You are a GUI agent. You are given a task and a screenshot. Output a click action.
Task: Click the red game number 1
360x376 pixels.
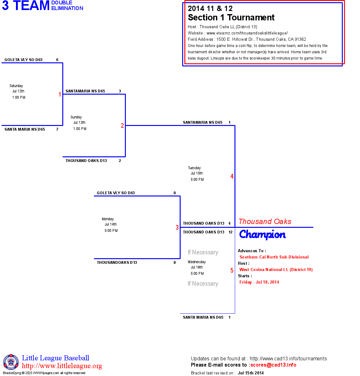click(60, 94)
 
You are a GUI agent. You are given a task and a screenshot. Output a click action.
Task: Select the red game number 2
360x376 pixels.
click(122, 126)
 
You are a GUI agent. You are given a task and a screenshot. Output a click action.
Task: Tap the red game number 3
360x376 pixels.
click(177, 227)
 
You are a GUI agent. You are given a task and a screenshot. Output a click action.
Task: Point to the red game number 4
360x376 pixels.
click(232, 176)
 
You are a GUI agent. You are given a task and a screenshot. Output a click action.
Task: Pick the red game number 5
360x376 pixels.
click(232, 270)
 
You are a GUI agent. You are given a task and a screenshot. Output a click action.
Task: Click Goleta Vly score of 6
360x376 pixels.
click(57, 60)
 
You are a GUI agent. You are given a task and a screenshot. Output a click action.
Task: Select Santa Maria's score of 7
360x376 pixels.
click(57, 129)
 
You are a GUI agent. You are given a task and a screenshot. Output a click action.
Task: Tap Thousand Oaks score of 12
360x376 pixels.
click(230, 232)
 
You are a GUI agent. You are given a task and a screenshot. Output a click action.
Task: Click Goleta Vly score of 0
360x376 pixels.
click(175, 193)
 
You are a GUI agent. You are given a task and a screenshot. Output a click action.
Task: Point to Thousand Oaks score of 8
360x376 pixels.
click(175, 263)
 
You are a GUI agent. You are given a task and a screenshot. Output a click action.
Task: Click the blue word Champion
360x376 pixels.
click(262, 234)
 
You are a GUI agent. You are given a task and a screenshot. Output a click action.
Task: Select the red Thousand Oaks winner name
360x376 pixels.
click(265, 222)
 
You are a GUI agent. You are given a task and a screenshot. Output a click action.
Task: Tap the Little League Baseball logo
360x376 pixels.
click(11, 362)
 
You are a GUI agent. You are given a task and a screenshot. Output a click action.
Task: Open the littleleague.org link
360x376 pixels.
click(62, 366)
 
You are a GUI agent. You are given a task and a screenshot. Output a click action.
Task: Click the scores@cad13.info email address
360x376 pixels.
click(273, 365)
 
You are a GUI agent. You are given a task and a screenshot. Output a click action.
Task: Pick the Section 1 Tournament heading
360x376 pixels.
click(231, 18)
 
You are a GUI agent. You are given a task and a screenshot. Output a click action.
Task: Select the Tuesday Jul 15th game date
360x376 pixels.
click(197, 173)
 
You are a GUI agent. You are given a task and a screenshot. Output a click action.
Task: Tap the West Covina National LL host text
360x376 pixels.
click(276, 269)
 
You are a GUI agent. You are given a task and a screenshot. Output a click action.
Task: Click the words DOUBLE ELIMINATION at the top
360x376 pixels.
click(67, 5)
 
